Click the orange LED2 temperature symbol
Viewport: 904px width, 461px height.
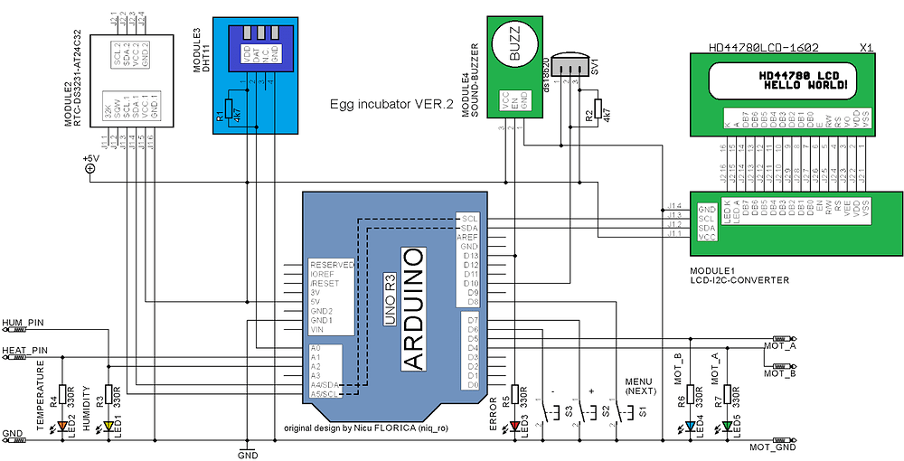point(62,426)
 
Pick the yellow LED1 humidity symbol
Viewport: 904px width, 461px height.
point(108,426)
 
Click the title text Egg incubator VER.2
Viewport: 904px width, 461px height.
point(391,104)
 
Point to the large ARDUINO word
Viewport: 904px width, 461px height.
point(412,308)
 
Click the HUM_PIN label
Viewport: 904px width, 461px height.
point(24,322)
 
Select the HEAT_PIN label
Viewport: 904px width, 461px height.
point(24,350)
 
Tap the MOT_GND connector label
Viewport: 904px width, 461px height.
point(774,447)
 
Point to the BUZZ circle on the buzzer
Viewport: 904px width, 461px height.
point(514,44)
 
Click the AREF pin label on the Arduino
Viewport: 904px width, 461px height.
point(468,237)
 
